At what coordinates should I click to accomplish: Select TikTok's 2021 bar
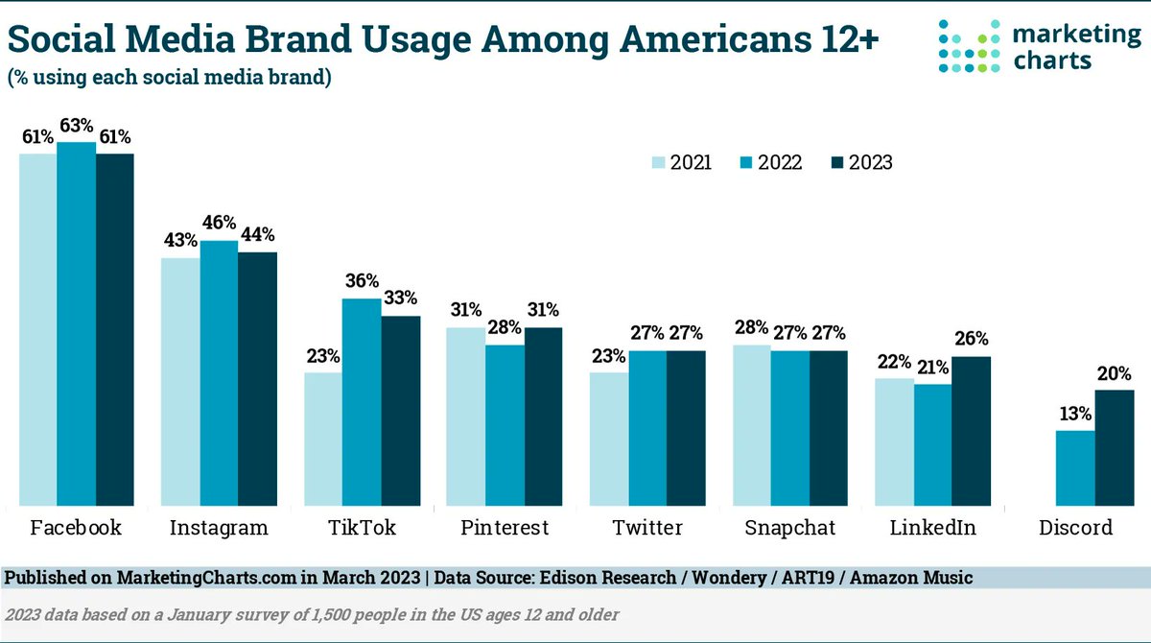pyautogui.click(x=323, y=438)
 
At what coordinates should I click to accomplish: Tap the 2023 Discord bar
pyautogui.click(x=1115, y=446)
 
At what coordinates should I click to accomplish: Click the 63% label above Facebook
pyautogui.click(x=76, y=127)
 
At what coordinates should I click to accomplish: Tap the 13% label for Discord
pyautogui.click(x=1075, y=415)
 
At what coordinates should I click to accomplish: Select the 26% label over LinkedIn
pyautogui.click(x=972, y=340)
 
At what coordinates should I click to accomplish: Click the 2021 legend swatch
pyautogui.click(x=659, y=162)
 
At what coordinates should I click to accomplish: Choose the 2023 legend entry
pyautogui.click(x=859, y=162)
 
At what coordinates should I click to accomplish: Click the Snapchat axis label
pyautogui.click(x=789, y=528)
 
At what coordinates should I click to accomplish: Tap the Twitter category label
pyautogui.click(x=647, y=528)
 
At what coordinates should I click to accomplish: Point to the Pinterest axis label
pyautogui.click(x=505, y=528)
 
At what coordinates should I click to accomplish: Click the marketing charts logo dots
pyautogui.click(x=971, y=46)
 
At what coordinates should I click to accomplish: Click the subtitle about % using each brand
pyautogui.click(x=171, y=78)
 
